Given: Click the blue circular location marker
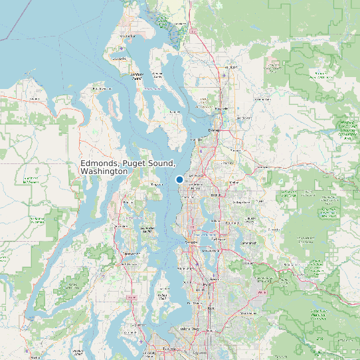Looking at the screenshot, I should click(x=179, y=179).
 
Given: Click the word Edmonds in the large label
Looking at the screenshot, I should click(x=100, y=163).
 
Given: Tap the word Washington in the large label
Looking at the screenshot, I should click(x=103, y=171).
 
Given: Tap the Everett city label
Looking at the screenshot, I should click(x=214, y=130).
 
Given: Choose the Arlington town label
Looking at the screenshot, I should click(x=231, y=67).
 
